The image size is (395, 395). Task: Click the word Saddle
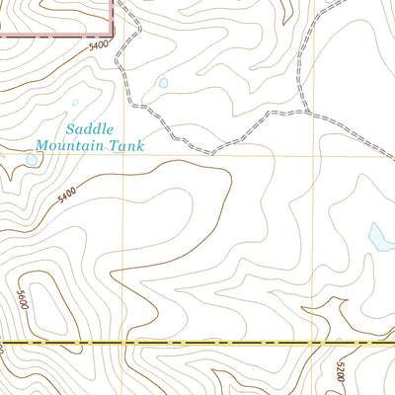coord(92,128)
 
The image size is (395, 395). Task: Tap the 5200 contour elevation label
coord(340,371)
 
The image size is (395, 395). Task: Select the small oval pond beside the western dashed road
coord(163,84)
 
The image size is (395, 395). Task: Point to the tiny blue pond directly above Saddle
coord(75,102)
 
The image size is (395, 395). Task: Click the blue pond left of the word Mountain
coord(31,159)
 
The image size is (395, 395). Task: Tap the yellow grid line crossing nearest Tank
coord(123,154)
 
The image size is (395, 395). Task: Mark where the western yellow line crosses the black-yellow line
coord(123,343)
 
